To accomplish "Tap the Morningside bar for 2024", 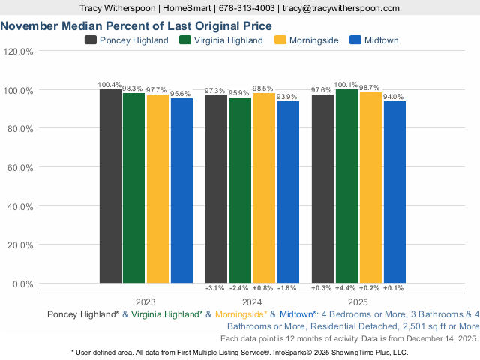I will coord(264,187).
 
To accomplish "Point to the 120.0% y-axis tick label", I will coord(19,52).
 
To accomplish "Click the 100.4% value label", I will coord(109,84).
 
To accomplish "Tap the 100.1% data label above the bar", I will coord(346,85).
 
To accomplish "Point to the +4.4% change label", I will coord(346,288).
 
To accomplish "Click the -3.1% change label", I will coord(216,288).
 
